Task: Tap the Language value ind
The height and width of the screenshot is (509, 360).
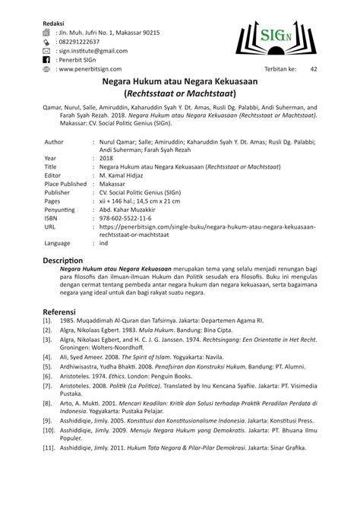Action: (103, 244)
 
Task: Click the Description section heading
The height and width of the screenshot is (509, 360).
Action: (67, 260)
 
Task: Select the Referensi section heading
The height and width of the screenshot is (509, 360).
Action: (64, 311)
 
